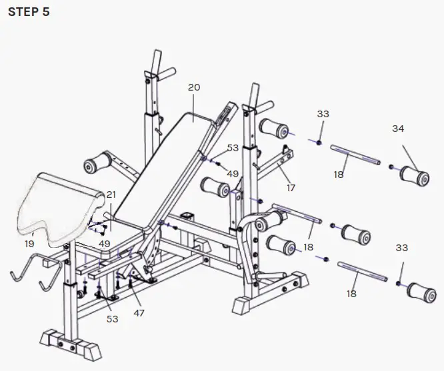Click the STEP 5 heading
tap(28, 12)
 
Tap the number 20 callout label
tap(194, 87)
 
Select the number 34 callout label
tap(398, 129)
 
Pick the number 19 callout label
tap(29, 244)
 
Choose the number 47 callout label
tap(139, 312)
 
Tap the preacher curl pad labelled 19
tap(63, 203)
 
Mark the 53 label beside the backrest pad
tap(233, 148)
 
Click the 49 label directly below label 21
tap(105, 243)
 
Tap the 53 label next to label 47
tap(112, 319)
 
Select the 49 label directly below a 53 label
tap(233, 174)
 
